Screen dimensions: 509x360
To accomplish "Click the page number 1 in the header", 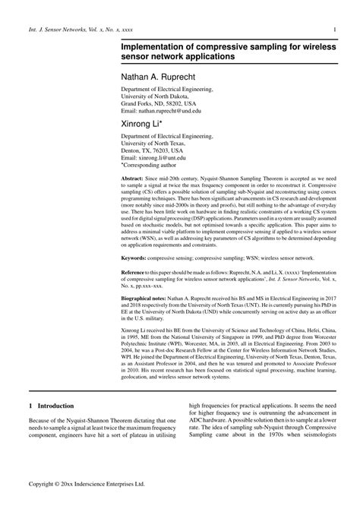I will coord(335,30).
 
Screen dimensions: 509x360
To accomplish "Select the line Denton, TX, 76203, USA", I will coord(152,150).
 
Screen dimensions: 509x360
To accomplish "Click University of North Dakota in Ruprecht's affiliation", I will coord(156,96).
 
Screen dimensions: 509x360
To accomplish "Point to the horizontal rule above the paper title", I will coord(228,39).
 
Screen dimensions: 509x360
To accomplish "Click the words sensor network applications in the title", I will coord(178,58).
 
